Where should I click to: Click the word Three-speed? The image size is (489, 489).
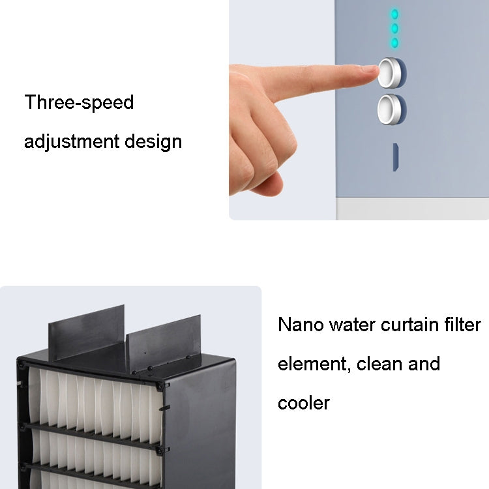tap(79, 102)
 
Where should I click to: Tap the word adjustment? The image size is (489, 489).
tap(72, 141)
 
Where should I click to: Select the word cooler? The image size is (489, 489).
tap(304, 402)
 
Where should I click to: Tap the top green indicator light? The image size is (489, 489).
tap(394, 14)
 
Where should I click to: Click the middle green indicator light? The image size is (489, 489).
tap(394, 29)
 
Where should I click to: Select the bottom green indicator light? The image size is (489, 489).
tap(394, 43)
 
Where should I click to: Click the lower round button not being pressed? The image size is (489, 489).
tap(390, 108)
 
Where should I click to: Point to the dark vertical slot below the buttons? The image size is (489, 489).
tap(396, 157)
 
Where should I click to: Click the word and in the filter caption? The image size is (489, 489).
tap(424, 363)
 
